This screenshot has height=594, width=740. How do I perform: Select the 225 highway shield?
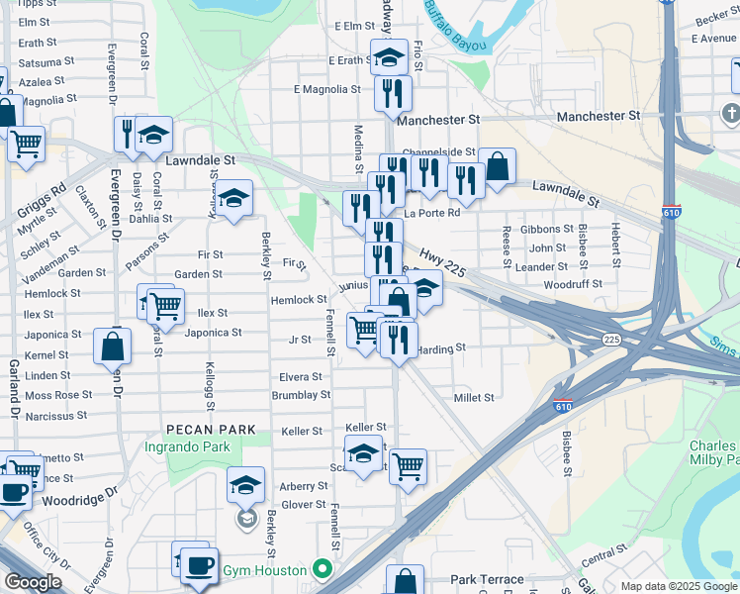611,340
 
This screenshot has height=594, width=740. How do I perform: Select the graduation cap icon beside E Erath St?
390,56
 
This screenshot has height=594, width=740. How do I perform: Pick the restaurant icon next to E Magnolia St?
393,92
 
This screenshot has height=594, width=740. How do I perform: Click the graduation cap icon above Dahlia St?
233,198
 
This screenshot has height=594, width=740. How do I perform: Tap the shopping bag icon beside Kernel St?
113,346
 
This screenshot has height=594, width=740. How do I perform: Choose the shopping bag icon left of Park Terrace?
405,580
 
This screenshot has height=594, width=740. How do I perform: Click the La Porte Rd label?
432,213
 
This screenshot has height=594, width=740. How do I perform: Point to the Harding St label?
440,348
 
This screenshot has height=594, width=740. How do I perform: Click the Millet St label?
473,398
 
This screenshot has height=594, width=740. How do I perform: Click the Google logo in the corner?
33,582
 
